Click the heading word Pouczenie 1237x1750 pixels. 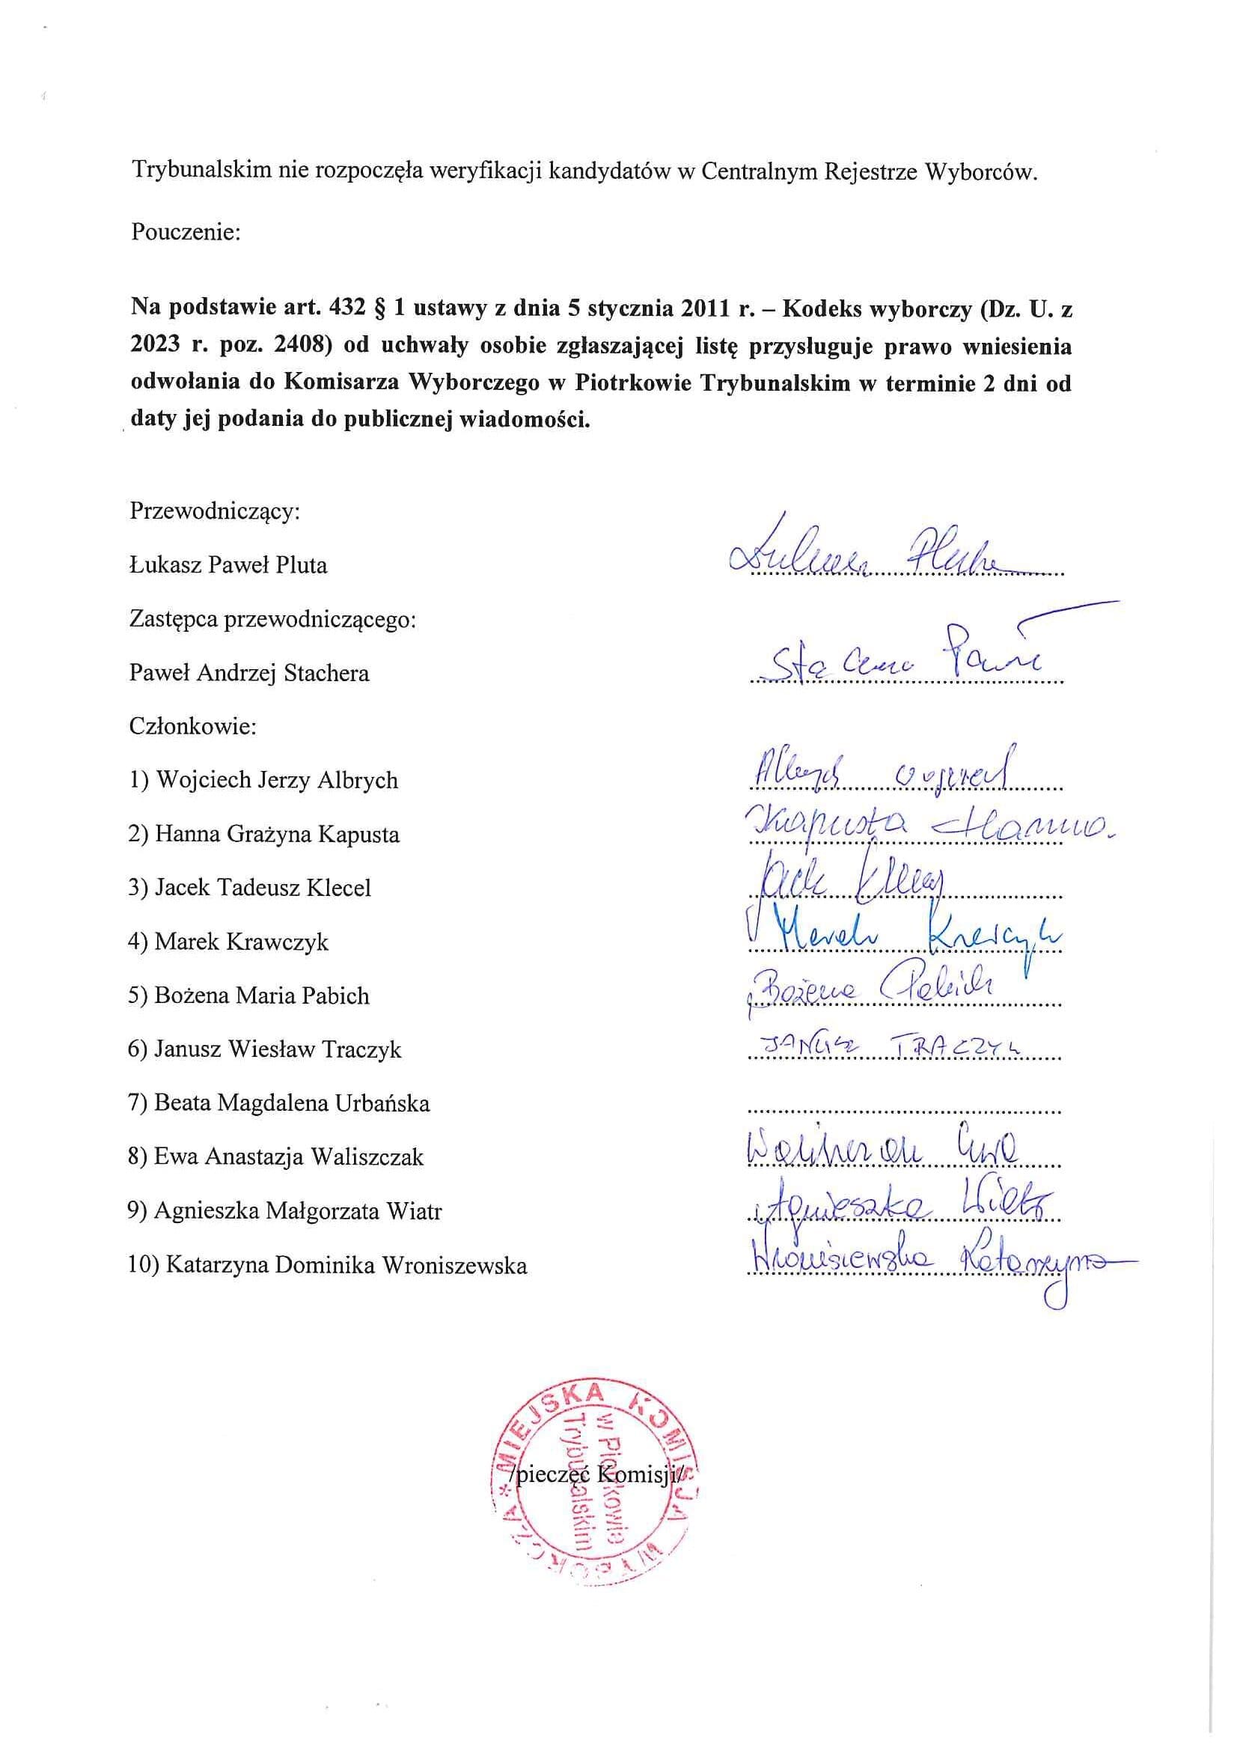[186, 232]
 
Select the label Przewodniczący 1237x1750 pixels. [215, 510]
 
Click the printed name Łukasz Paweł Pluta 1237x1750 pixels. [228, 565]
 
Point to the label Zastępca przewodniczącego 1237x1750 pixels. [273, 619]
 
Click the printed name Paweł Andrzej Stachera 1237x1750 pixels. [249, 673]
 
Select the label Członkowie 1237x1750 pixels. [193, 726]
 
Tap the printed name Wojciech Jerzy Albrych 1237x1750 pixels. [263, 781]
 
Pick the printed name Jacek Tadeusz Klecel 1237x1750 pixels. [250, 888]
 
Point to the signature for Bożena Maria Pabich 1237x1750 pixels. [869, 990]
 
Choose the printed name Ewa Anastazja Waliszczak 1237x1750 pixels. [276, 1157]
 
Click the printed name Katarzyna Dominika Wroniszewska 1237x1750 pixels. [328, 1265]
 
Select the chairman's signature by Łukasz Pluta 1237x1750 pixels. [869, 550]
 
